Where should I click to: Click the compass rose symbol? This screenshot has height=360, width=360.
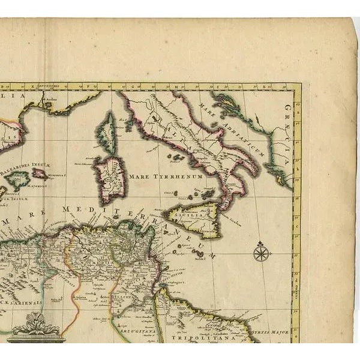point(261,252)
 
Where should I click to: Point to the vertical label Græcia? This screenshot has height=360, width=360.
point(287,137)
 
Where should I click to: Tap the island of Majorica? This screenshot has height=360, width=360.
point(20,178)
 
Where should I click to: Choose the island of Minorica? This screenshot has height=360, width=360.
point(40,174)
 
